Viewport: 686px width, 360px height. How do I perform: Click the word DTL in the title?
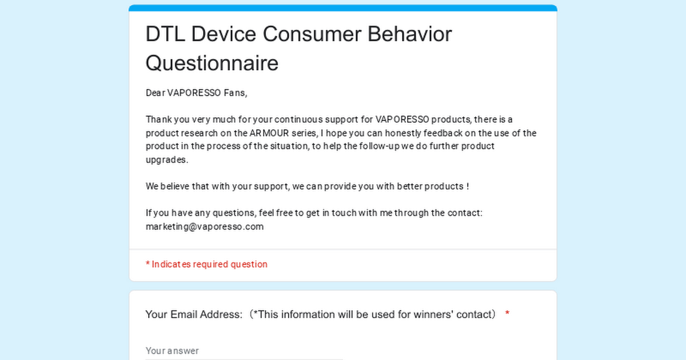coord(165,34)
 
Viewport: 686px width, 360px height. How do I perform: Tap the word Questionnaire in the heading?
coord(212,63)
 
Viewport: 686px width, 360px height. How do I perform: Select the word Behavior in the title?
coord(410,34)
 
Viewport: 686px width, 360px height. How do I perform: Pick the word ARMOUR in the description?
coord(269,133)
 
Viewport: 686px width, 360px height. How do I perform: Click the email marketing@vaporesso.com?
coord(205,226)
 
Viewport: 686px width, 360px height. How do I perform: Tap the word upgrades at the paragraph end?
coord(166,160)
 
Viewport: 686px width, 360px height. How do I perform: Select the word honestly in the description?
coord(403,134)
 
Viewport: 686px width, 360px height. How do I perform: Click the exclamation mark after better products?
coord(468,186)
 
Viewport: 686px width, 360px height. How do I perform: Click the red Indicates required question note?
coord(206,264)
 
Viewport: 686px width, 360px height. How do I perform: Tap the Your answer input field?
coord(244,351)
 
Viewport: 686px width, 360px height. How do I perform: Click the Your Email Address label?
coord(194,314)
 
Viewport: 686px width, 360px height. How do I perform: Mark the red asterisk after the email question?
coord(507,313)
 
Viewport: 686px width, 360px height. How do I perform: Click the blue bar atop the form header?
coord(342,8)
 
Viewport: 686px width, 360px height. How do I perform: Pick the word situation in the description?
coord(289,146)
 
